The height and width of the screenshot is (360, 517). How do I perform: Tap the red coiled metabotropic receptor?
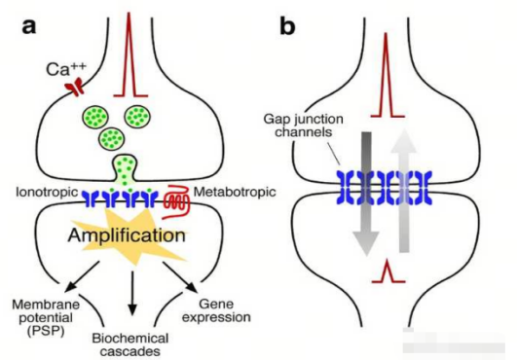(176, 200)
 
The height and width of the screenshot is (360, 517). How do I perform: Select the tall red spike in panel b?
(388, 83)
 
